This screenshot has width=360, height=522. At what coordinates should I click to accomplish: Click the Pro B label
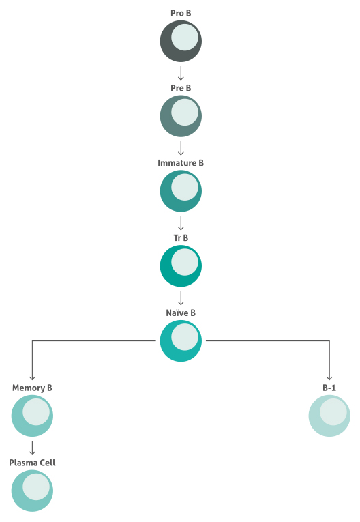coord(181,13)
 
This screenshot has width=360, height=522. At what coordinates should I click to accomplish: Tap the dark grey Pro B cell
coord(181,41)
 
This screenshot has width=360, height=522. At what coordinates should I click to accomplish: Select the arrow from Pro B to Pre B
coord(181,73)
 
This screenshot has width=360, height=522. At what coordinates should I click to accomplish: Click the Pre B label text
coord(181,88)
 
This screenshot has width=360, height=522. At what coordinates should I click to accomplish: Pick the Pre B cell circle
coord(181,116)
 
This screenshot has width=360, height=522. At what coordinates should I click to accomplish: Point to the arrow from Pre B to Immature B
coord(181,148)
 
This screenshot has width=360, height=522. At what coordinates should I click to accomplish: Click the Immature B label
coord(181,163)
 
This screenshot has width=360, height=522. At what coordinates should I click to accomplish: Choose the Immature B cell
coord(181,191)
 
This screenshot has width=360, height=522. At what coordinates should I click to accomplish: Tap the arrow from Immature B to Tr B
coord(181,223)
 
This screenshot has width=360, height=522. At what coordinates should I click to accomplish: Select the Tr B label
coord(181,237)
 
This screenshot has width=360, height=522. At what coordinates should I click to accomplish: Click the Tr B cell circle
coord(181,266)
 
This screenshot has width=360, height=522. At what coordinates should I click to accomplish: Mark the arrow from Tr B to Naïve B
coord(181,298)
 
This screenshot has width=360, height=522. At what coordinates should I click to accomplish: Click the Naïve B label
coord(181,313)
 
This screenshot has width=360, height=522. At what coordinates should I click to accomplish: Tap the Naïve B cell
coord(181,341)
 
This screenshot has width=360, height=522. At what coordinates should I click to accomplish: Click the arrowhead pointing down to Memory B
coord(32,378)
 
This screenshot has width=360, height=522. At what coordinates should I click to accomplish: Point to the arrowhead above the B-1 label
coord(329,378)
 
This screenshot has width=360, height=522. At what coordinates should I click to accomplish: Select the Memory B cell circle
coord(32,416)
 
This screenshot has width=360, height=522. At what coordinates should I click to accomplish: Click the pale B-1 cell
coord(329,416)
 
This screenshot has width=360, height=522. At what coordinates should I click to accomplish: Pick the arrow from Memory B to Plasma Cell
coord(32,448)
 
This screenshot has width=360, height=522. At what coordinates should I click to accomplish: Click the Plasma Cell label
coord(32,463)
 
